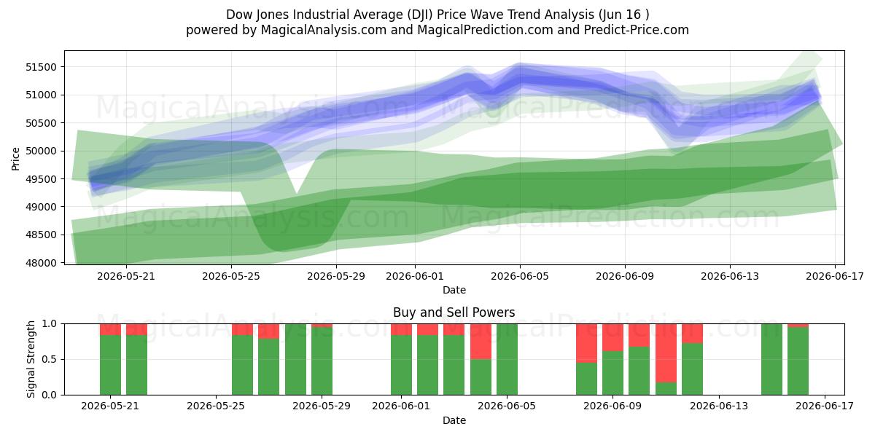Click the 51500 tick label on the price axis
point(41,67)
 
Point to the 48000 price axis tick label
point(41,263)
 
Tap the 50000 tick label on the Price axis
point(41,151)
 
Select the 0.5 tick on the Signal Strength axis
point(50,359)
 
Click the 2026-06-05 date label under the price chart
point(519,276)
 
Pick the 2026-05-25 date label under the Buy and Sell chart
point(216,406)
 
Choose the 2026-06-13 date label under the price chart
point(730,276)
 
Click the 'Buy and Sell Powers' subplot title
point(454,312)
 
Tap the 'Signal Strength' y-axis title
point(31,359)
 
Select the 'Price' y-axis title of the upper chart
point(15,159)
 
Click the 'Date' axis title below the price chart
point(454,291)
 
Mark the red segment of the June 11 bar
point(666,353)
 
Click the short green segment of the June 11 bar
point(666,389)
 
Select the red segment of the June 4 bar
point(481,342)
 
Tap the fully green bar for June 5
point(507,359)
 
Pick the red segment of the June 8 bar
point(587,343)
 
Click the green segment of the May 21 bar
point(110,365)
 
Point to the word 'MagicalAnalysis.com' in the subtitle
point(324,30)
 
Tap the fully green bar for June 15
point(772,359)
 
